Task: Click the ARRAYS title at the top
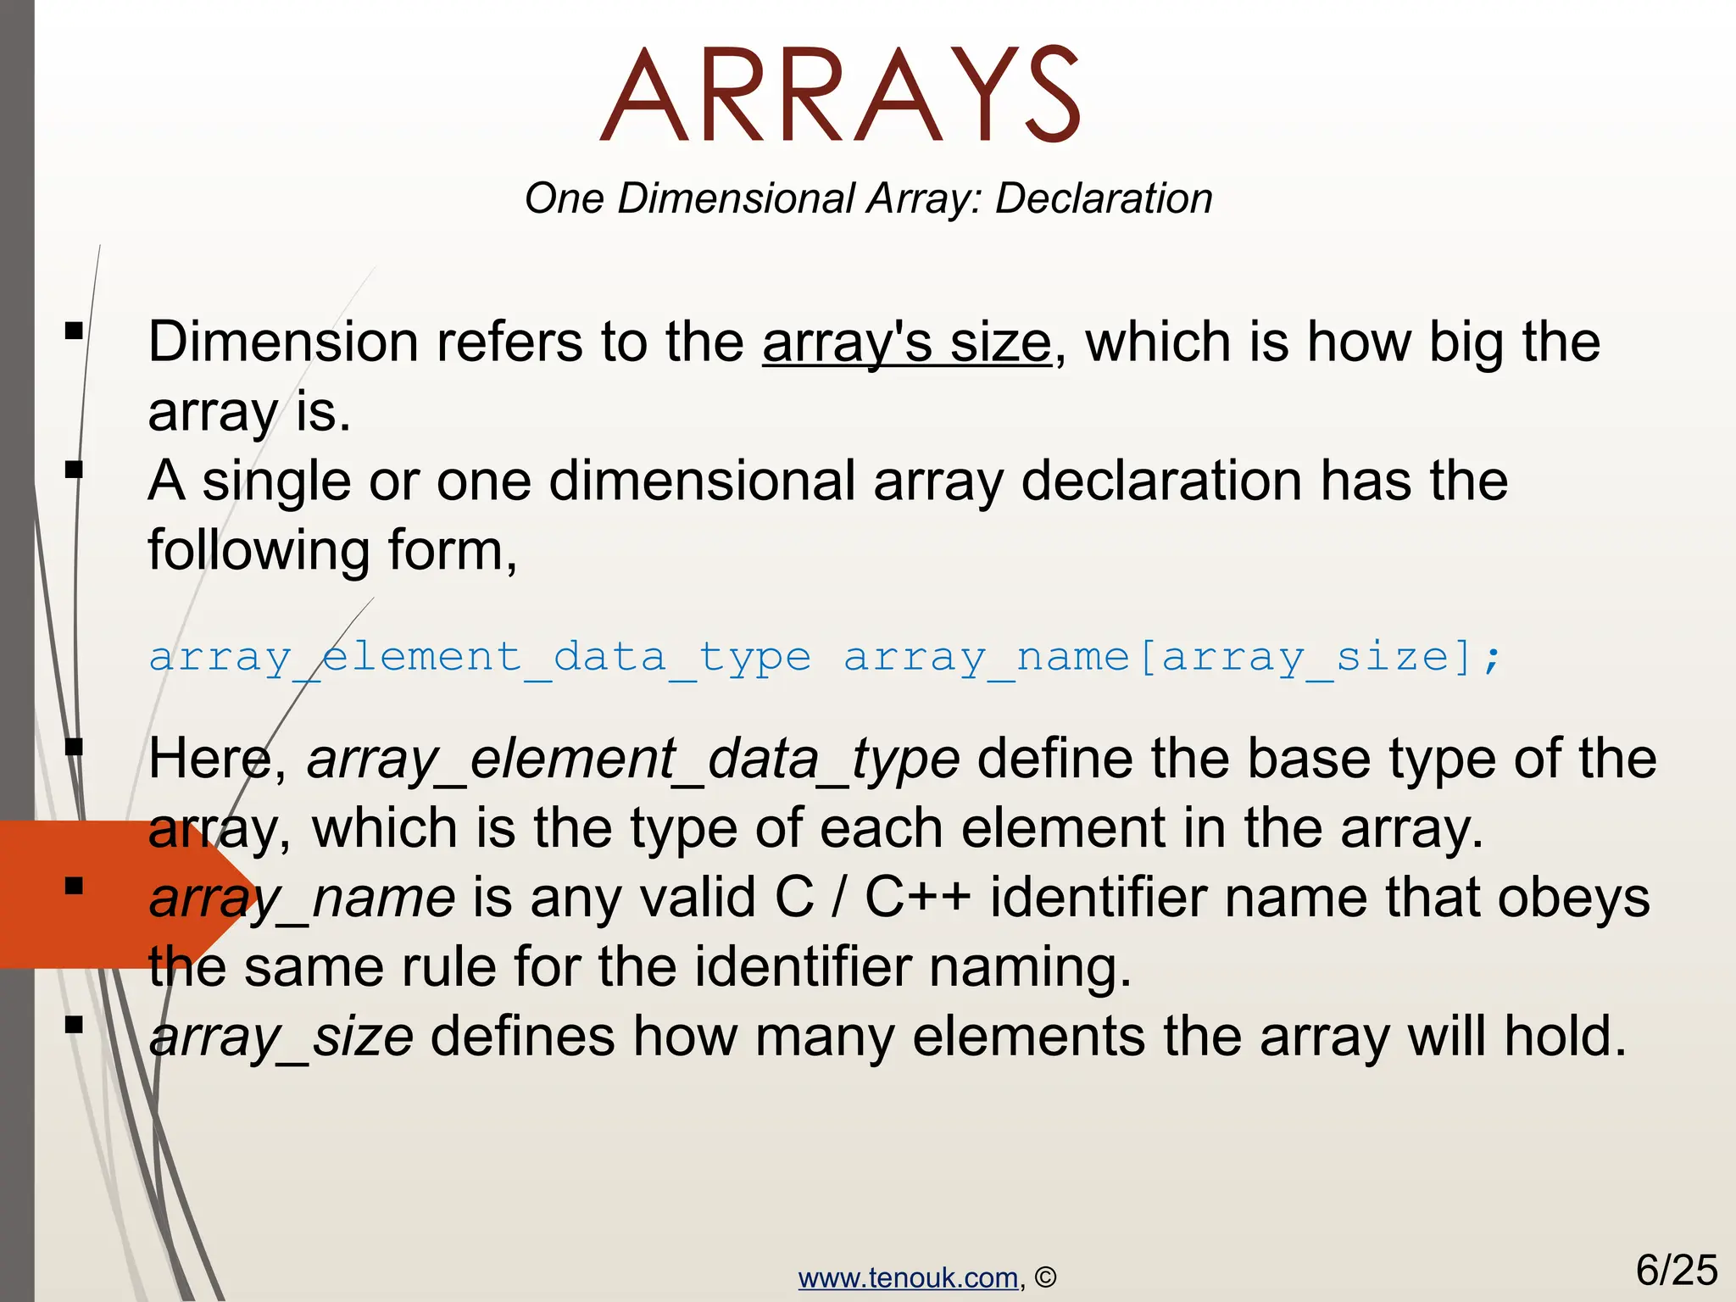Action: (840, 95)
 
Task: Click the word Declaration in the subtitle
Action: (1103, 199)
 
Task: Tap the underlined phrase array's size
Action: (906, 342)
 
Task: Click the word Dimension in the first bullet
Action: (283, 342)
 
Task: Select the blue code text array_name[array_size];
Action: (1172, 658)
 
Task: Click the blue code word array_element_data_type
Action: (480, 658)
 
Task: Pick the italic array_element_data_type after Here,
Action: (633, 759)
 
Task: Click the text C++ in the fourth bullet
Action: (917, 898)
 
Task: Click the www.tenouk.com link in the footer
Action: (908, 1277)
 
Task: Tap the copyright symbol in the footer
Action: (1046, 1277)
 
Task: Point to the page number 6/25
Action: (1676, 1270)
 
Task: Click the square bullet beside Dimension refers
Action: (75, 331)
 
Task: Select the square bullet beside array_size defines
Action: (75, 1026)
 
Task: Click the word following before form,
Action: (259, 551)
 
